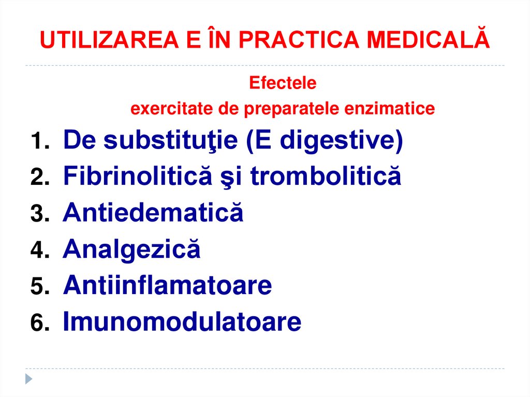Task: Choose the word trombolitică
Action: (x=326, y=177)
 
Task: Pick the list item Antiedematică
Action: (x=153, y=213)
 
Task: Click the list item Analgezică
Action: (x=131, y=250)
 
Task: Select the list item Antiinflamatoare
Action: (x=167, y=286)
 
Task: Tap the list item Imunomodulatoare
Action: (x=182, y=322)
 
